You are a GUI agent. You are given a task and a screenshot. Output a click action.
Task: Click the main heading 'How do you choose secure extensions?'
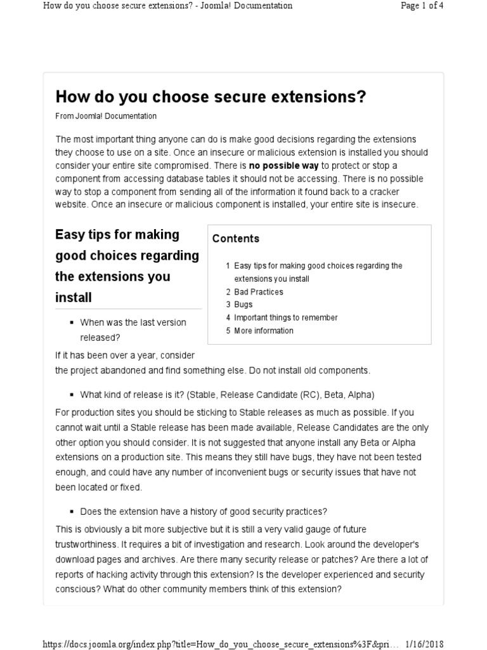tap(211, 96)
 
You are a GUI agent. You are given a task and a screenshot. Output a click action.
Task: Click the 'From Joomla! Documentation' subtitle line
tap(106, 116)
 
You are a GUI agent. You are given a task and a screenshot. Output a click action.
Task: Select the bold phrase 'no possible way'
tap(283, 166)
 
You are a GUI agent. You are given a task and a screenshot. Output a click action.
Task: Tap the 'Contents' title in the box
tap(235, 239)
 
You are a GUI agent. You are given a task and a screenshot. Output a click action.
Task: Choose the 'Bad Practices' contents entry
tap(258, 292)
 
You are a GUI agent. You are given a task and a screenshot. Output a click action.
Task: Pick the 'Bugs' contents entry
tap(243, 305)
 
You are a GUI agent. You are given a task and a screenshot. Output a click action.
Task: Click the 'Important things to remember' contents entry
tap(285, 317)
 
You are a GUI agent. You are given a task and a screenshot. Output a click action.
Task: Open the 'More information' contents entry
tap(263, 331)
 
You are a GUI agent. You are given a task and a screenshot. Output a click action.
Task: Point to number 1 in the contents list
tap(228, 266)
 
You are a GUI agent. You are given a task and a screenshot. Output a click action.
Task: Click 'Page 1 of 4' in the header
tap(422, 6)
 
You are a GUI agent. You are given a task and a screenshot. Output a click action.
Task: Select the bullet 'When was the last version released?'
tap(133, 329)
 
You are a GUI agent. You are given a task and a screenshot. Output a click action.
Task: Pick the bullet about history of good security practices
tap(203, 512)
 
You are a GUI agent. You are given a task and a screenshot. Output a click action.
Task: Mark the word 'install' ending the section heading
tap(74, 297)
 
